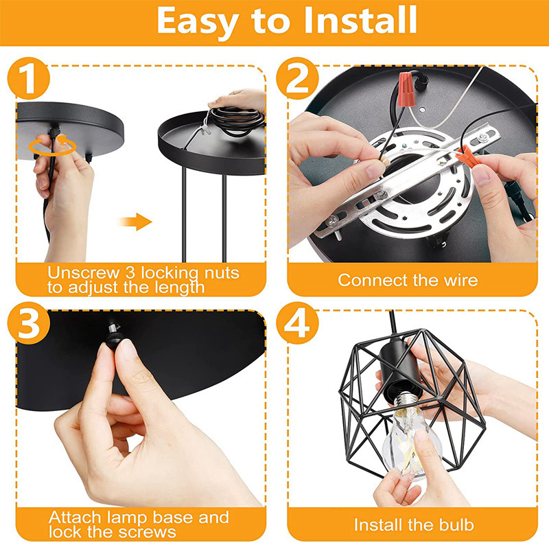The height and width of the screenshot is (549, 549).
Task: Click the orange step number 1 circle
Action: click(x=29, y=78)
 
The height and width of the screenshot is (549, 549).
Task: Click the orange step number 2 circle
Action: click(x=297, y=78)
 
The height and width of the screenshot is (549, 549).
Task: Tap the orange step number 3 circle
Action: click(x=29, y=323)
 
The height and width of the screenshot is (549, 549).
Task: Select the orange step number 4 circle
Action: click(x=297, y=323)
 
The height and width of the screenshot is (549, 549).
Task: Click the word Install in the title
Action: click(x=360, y=21)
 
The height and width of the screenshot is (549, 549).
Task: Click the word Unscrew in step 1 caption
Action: click(x=83, y=272)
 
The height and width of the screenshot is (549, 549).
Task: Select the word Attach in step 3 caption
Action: click(x=75, y=517)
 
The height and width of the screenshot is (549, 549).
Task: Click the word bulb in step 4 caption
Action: click(x=456, y=525)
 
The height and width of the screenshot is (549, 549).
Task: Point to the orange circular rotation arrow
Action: click(x=52, y=145)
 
